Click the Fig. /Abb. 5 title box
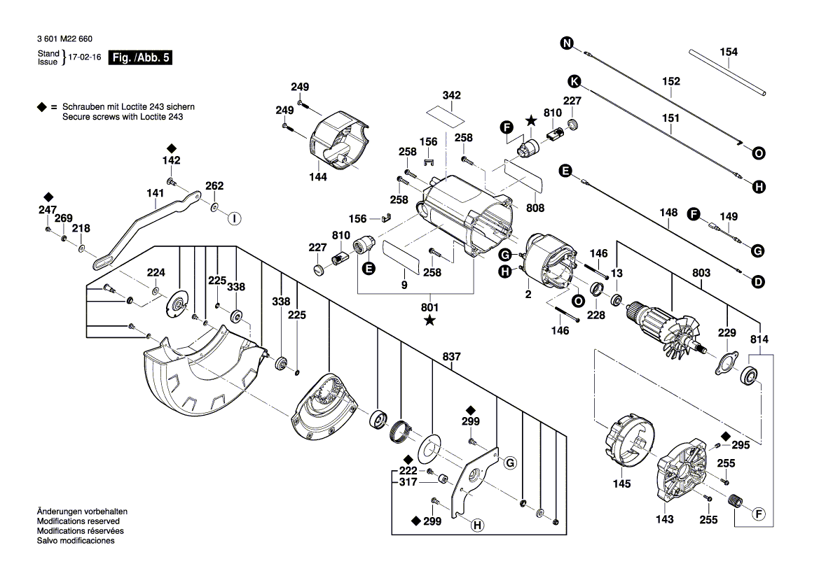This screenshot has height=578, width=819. (140, 58)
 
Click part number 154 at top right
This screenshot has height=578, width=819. (729, 52)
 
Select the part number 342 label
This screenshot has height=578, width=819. (452, 94)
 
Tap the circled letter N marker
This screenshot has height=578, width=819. (566, 44)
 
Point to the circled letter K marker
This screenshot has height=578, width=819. (573, 79)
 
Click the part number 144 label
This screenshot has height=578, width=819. (318, 178)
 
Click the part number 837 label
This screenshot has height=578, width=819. (452, 357)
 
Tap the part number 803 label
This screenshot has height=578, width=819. (701, 272)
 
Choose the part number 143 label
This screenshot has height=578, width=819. (664, 519)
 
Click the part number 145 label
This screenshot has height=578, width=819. (621, 484)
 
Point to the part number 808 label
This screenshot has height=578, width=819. (535, 208)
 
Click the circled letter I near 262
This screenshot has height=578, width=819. (235, 218)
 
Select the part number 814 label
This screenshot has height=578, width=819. (759, 339)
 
